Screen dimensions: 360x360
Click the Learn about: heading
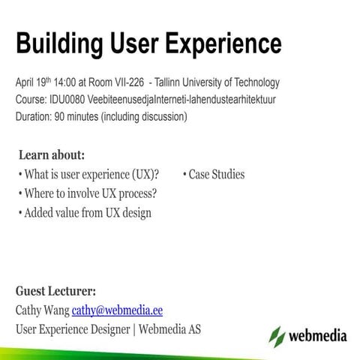pyautogui.click(x=52, y=156)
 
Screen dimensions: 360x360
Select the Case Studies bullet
pyautogui.click(x=216, y=175)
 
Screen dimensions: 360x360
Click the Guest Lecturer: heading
pyautogui.click(x=55, y=291)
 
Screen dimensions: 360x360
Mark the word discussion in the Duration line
pyautogui.click(x=160, y=116)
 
